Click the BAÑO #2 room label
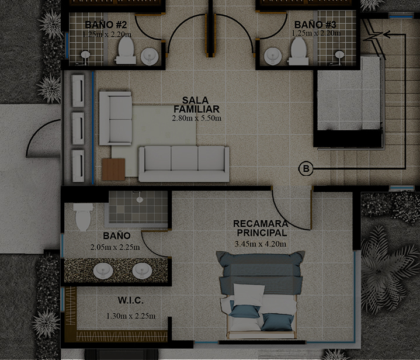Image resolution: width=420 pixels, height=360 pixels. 106,25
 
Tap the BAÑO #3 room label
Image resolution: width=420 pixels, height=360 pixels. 315,25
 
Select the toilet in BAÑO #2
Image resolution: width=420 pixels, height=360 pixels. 126,50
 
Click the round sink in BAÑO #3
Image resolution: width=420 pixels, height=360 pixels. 273,56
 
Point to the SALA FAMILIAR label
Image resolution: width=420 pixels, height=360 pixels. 197,105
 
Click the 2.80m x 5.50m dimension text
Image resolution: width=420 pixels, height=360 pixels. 197,118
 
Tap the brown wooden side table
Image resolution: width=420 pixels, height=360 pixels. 113,169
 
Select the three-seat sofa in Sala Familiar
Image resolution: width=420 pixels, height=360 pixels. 184,164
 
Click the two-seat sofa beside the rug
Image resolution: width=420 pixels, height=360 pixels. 116,118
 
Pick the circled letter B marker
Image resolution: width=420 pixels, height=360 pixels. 306,169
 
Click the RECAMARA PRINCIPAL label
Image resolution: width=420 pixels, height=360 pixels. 261,228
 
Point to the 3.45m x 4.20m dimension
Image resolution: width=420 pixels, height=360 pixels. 261,244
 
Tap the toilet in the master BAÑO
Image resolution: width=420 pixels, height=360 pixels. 84,217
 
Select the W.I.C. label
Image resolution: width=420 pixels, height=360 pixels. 131,300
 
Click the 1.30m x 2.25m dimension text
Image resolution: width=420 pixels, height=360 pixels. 131,316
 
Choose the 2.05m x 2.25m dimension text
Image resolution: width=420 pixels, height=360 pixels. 115,247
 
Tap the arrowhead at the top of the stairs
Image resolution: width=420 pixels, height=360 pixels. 386,34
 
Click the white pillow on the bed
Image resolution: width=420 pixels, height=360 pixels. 249,295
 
